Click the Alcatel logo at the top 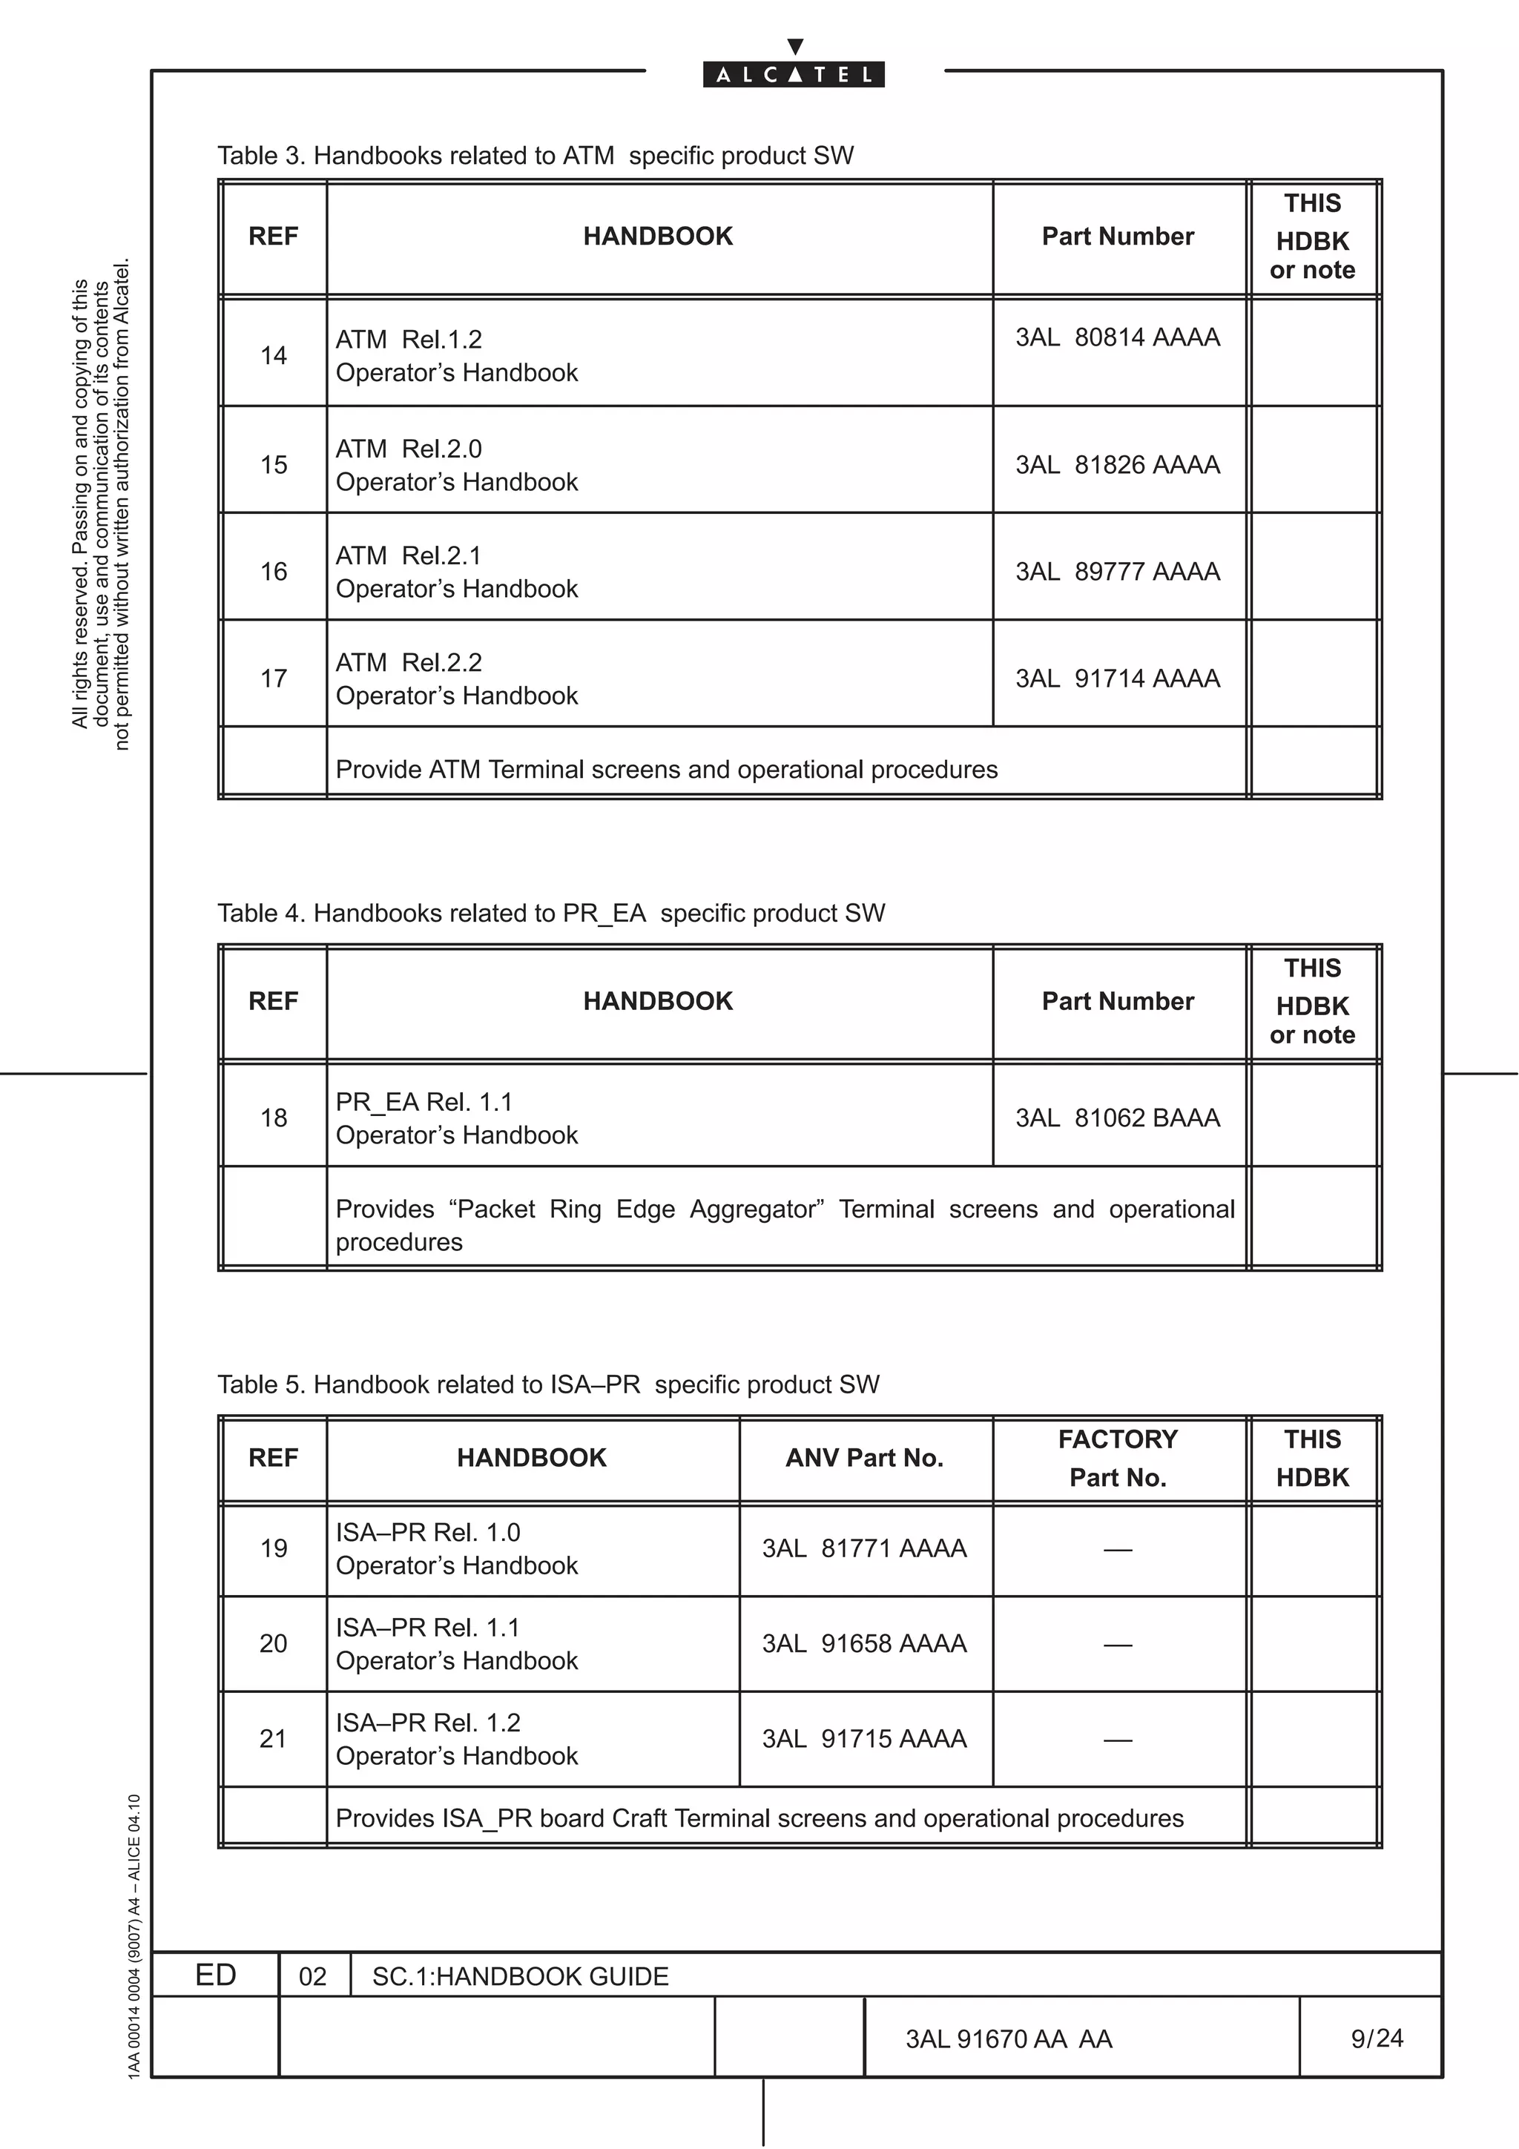coord(794,74)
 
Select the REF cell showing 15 coord(273,464)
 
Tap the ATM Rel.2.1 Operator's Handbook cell coord(457,572)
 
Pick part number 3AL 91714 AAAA coord(1118,678)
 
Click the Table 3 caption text coord(536,156)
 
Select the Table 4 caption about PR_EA coord(550,913)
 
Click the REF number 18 coord(273,1118)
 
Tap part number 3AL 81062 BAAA coord(1118,1118)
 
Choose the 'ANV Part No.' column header coord(864,1457)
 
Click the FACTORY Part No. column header coord(1118,1457)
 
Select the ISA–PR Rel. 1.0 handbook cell coord(457,1548)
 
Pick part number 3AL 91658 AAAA coord(864,1643)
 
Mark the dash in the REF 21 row coord(1118,1740)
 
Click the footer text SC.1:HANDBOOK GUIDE coord(521,1975)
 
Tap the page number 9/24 coord(1377,2038)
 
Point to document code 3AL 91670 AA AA coord(1009,2039)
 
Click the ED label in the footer coord(215,1974)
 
